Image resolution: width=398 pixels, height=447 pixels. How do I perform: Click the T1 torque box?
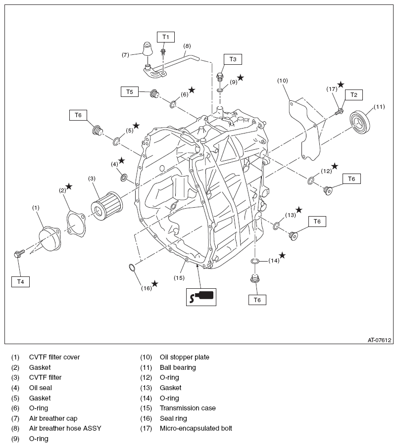coord(166,37)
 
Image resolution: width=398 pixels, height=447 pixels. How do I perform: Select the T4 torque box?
coord(20,281)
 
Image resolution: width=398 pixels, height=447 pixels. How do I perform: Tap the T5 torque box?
coord(129,91)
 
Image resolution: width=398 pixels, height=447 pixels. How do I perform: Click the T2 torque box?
coord(353,94)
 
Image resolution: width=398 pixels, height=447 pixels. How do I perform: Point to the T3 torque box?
coord(233,59)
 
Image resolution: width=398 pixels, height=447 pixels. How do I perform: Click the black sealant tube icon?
coord(201,297)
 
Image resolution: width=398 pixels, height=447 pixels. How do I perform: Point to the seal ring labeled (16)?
coord(133,268)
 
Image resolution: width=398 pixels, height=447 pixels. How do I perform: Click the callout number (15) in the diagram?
coord(179,277)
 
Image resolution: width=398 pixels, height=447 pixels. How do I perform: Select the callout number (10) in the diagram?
coord(282,80)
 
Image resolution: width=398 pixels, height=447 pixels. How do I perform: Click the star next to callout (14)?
coord(282,255)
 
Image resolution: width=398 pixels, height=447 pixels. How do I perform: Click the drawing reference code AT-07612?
coord(379,340)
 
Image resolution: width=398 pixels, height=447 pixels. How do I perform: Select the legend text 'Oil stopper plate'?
coord(184,357)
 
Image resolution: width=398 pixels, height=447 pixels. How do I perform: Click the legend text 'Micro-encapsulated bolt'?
coord(196,428)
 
